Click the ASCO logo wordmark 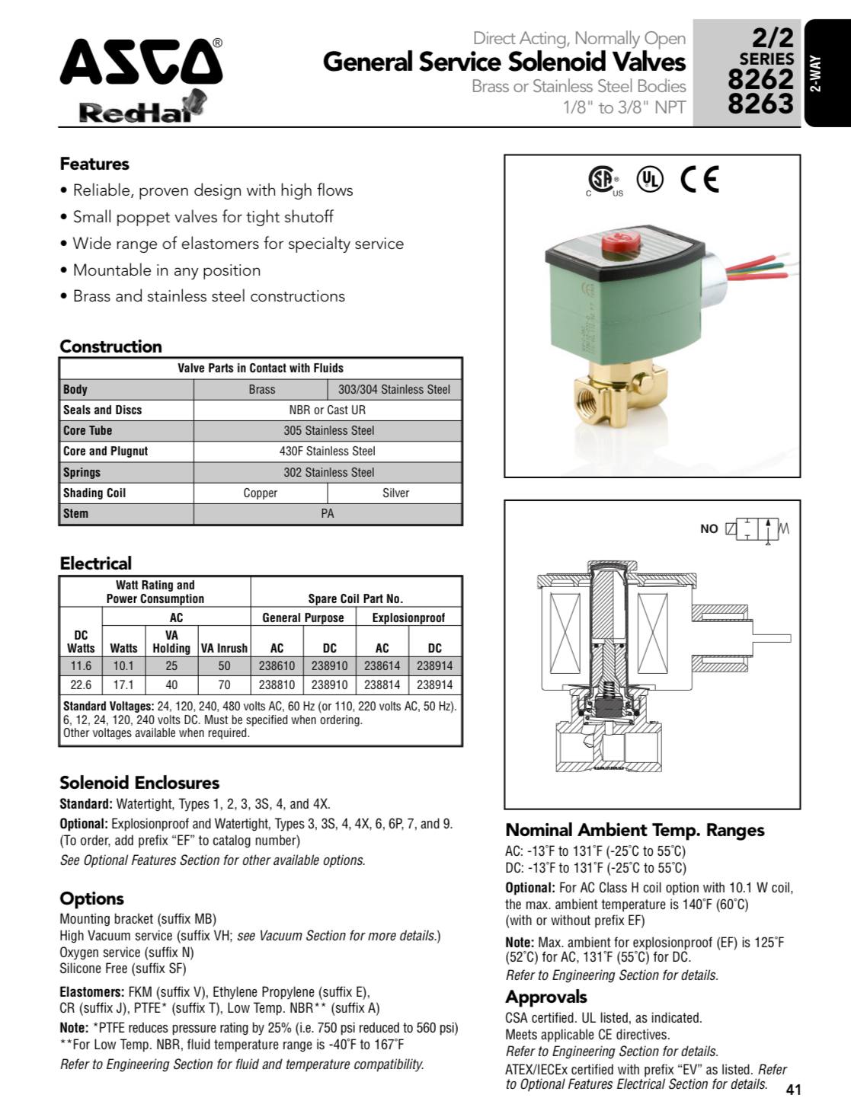141,63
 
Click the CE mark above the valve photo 699,179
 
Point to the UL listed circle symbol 650,179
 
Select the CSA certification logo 602,180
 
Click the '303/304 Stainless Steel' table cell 395,389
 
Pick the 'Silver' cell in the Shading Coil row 395,493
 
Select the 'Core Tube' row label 88,430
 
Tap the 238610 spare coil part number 277,666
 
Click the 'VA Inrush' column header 224,648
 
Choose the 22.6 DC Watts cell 81,685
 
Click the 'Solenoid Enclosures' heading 139,783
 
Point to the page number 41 793,1090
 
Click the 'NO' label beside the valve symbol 709,528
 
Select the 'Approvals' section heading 546,997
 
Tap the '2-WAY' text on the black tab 816,74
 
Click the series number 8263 760,103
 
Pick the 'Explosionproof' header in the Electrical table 408,618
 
